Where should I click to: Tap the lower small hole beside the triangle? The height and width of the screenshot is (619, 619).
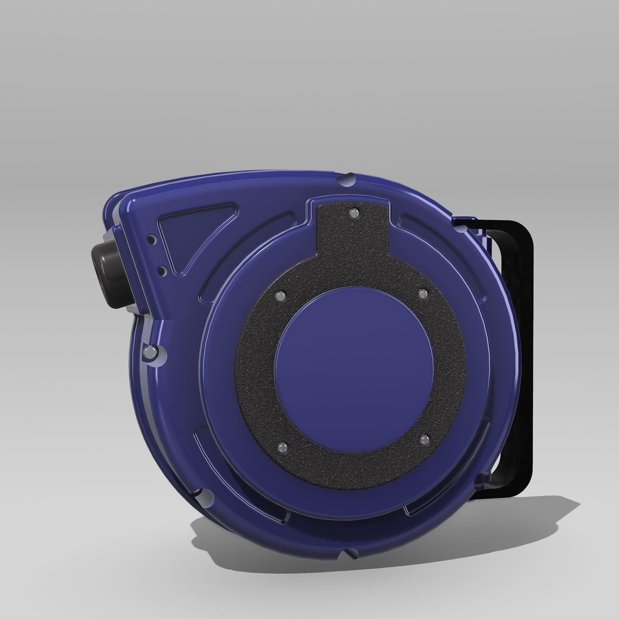point(160,271)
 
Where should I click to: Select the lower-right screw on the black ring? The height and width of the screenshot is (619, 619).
point(424,438)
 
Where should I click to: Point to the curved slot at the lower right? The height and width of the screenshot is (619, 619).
point(447,490)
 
